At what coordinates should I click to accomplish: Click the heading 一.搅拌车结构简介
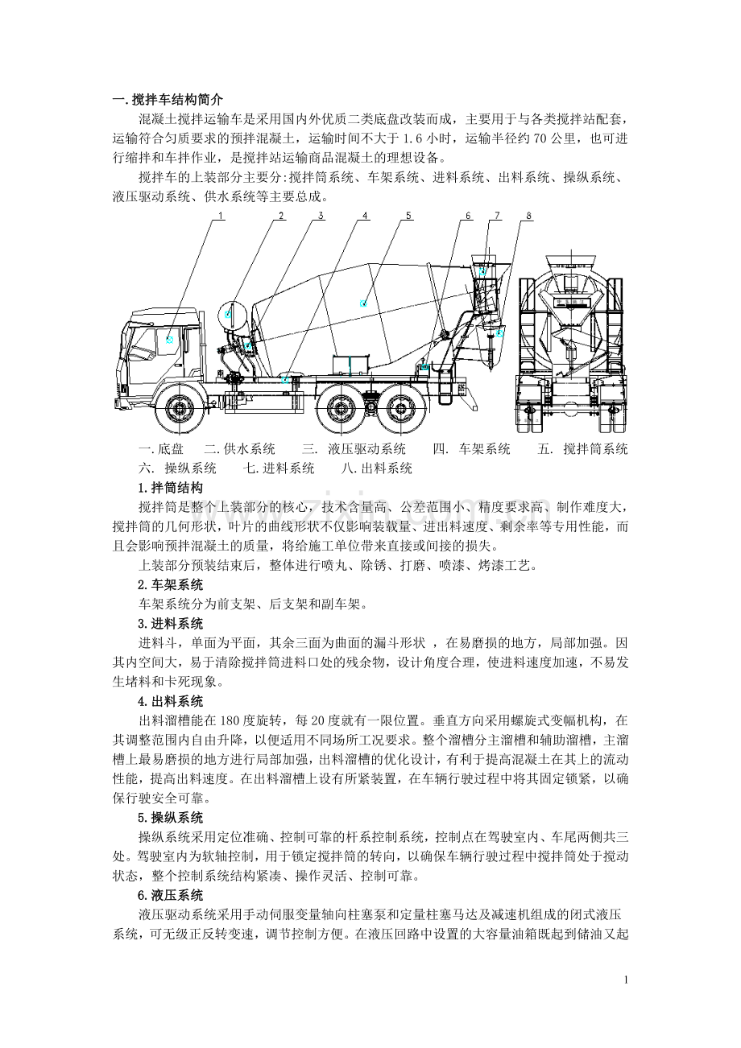(162, 100)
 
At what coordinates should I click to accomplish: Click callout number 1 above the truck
(221, 215)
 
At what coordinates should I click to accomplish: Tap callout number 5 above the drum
(408, 215)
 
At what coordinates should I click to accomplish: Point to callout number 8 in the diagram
(528, 215)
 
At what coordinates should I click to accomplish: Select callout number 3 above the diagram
(321, 215)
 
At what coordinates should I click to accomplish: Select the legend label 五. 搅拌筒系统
(582, 449)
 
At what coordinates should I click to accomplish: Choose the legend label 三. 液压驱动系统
(354, 449)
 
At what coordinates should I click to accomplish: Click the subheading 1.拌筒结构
(170, 488)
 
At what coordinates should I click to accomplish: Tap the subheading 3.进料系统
(170, 624)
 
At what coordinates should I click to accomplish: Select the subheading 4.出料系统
(170, 701)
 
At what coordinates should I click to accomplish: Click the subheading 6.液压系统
(170, 895)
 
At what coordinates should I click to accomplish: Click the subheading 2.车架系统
(170, 584)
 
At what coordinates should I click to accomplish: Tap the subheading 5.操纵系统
(170, 818)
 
